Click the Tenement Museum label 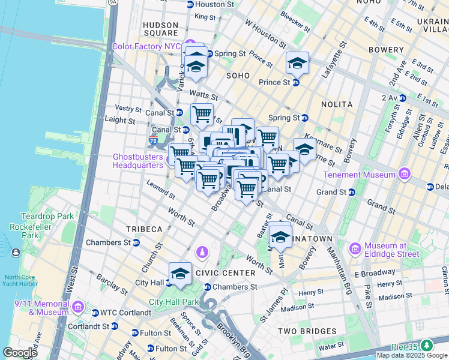click(x=358, y=175)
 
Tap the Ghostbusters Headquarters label click(x=138, y=160)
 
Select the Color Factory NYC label click(x=146, y=46)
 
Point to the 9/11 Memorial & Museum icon click(x=78, y=308)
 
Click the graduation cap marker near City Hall click(x=180, y=274)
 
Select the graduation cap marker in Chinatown click(x=280, y=235)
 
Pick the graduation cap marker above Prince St click(x=297, y=63)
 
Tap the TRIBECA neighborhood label click(x=144, y=229)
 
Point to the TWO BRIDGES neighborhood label click(x=307, y=331)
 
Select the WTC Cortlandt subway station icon click(x=95, y=313)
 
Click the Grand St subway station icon click(x=352, y=193)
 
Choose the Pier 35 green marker click(x=427, y=345)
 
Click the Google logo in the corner click(x=20, y=353)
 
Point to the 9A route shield click(x=112, y=2)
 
